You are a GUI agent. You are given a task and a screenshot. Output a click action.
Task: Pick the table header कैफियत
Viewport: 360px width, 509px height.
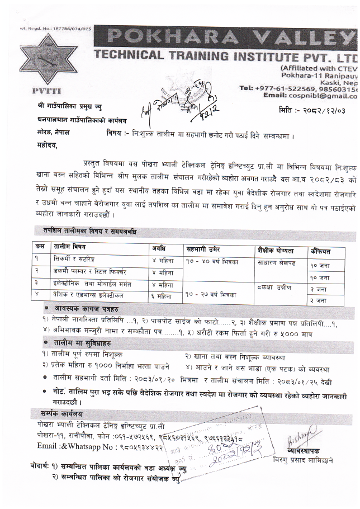(321, 251)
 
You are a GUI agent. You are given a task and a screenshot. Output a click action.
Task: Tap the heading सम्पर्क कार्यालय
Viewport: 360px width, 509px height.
(58, 414)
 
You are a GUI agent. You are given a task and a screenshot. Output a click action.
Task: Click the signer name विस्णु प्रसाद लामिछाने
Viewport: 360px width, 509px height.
(314, 462)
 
